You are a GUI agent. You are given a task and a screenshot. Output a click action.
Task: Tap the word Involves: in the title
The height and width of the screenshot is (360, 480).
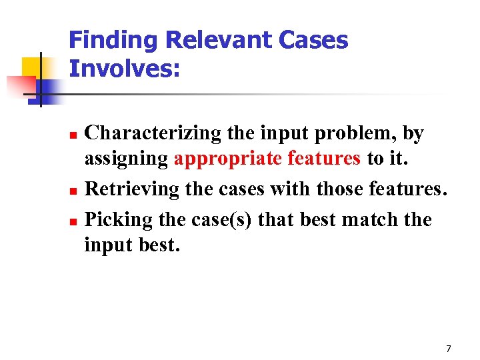(125, 69)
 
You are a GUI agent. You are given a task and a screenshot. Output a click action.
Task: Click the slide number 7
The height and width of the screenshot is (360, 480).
(448, 349)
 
